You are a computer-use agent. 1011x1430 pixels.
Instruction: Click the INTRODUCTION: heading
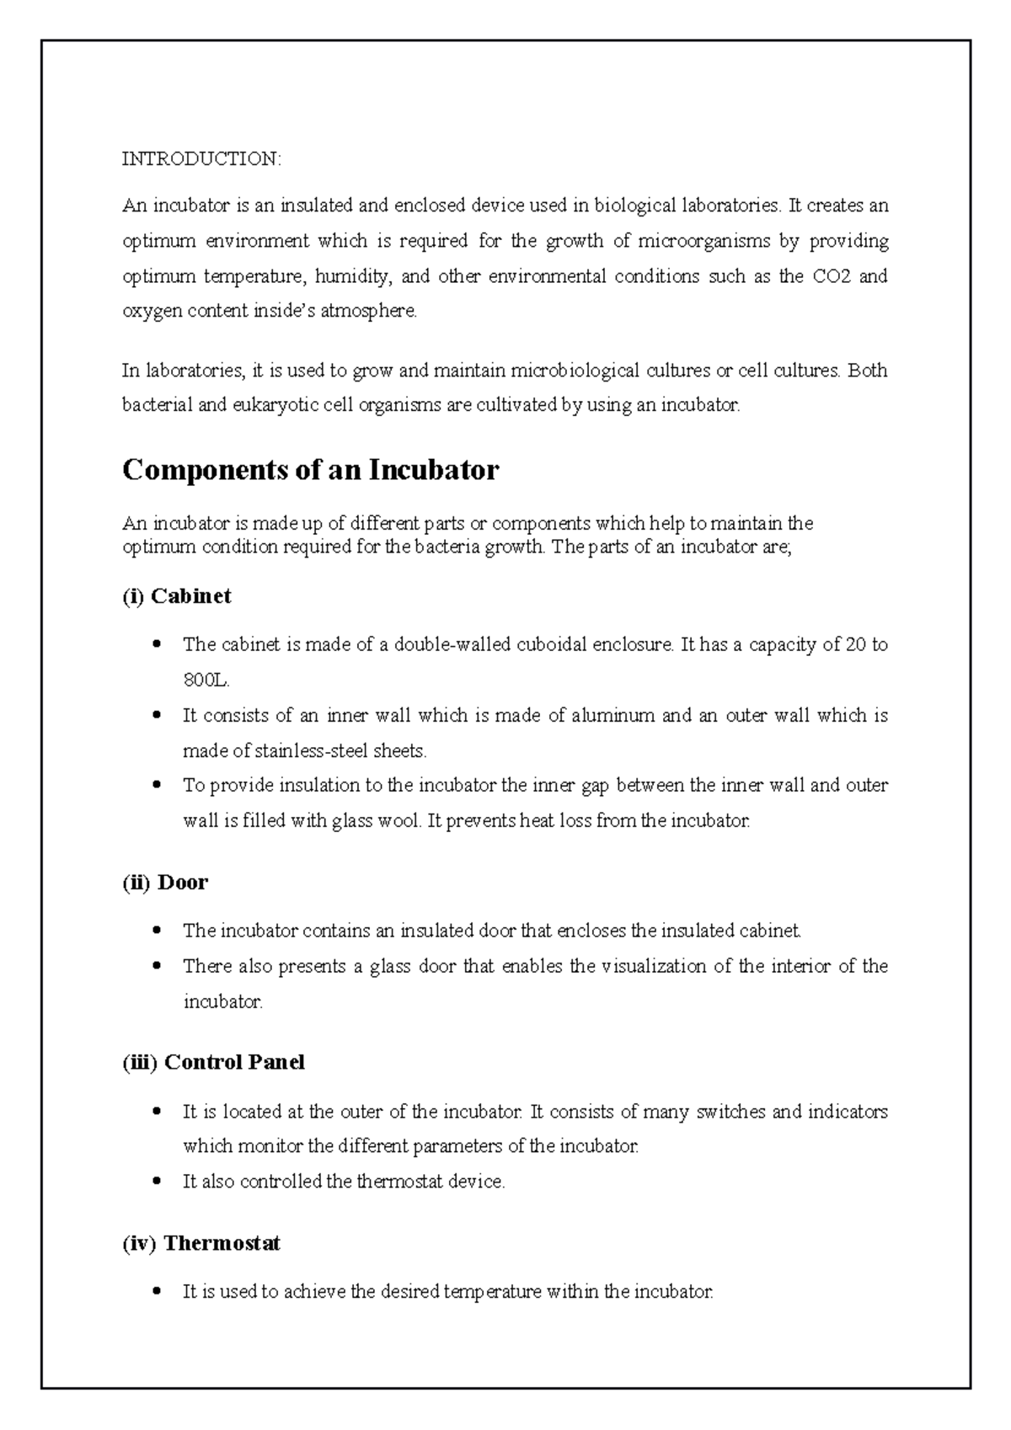202,158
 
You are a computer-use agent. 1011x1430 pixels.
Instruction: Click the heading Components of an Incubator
310,470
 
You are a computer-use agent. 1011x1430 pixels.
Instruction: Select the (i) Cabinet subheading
177,596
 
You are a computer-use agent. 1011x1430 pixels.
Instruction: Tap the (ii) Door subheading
165,883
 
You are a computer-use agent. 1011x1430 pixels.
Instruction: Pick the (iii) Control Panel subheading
213,1062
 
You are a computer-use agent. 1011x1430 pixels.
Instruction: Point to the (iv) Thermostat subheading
201,1243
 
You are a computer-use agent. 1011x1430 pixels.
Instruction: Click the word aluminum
612,716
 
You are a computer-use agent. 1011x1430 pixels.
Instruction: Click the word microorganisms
703,242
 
